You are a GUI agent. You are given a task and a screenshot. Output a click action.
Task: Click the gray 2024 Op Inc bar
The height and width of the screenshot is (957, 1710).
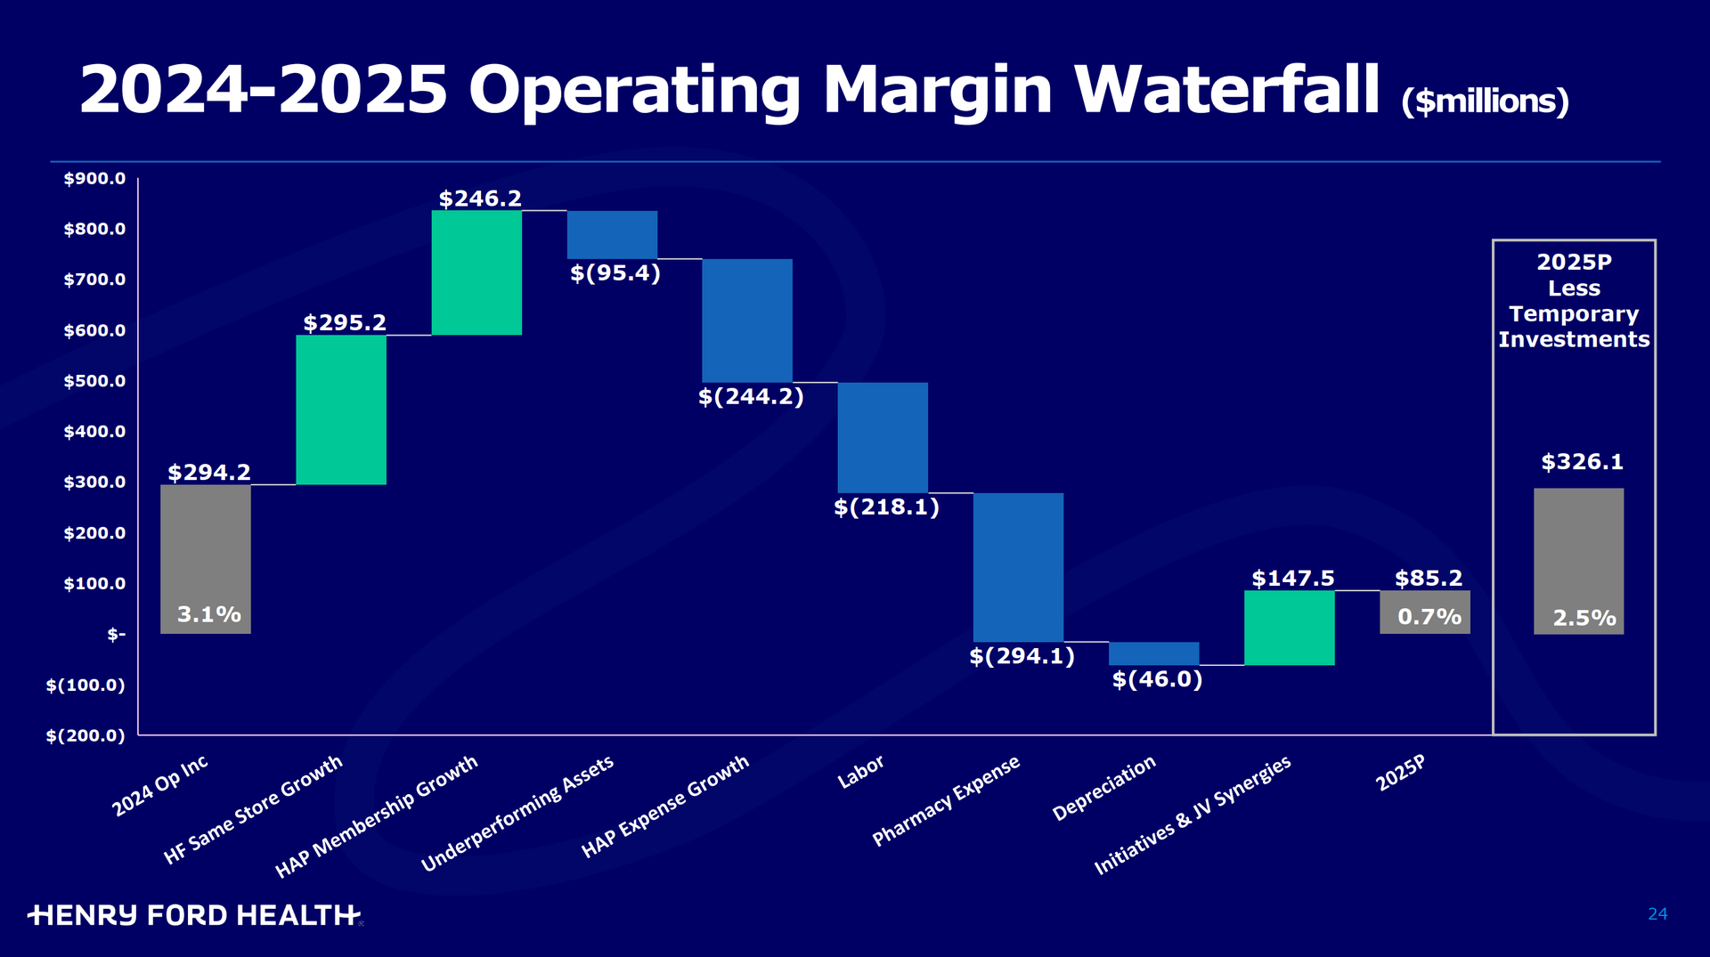206,559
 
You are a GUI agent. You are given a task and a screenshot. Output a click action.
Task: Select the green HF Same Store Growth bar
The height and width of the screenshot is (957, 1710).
341,410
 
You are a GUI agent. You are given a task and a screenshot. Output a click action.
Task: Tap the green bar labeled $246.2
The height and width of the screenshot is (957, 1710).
476,272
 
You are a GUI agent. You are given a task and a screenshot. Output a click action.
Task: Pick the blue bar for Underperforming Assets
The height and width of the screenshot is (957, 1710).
613,235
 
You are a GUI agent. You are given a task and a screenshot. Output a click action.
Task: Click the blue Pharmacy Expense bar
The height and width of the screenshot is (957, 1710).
1018,567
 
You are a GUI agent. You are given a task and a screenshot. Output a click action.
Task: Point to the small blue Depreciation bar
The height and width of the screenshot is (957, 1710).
1153,653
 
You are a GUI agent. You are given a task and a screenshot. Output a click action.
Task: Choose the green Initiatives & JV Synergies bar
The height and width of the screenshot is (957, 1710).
1289,628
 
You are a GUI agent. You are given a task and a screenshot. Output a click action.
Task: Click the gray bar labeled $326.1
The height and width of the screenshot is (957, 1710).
1578,561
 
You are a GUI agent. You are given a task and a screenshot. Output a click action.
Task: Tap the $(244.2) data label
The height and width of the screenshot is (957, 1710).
751,396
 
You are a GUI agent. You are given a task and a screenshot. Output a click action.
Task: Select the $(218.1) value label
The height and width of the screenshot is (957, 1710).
886,507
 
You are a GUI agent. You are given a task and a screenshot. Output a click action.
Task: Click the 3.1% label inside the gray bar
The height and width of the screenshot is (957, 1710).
209,614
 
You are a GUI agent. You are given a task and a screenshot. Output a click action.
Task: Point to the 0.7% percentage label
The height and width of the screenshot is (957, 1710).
1429,617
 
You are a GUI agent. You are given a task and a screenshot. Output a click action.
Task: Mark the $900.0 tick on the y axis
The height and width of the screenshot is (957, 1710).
94,179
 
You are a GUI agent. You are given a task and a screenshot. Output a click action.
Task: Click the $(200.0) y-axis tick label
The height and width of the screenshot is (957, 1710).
85,735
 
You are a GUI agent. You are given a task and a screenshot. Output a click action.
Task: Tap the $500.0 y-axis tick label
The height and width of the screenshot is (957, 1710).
94,381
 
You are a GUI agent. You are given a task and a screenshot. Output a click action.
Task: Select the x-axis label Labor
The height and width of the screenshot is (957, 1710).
860,772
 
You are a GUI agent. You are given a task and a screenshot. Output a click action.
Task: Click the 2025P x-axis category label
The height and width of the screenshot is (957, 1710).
1400,773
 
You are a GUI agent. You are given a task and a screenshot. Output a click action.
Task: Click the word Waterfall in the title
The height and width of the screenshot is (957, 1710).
1227,90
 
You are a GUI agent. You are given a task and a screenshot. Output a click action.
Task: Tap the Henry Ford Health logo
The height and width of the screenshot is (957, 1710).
194,915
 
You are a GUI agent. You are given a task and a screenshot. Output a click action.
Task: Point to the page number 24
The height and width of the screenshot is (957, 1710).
1657,914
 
